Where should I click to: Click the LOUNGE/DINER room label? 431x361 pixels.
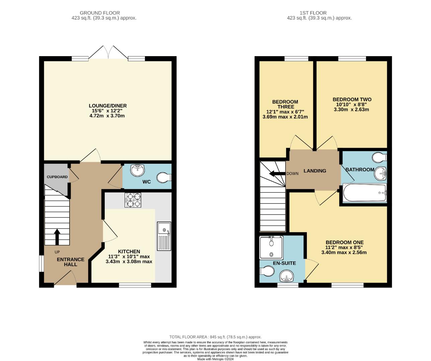[107, 106]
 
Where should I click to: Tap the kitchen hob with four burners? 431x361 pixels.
[133, 200]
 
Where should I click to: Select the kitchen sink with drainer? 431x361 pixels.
[164, 236]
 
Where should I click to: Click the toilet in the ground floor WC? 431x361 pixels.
[164, 177]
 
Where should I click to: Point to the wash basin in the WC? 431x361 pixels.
[138, 170]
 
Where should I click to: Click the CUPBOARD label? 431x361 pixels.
[57, 177]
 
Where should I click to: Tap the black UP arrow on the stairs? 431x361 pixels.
[57, 237]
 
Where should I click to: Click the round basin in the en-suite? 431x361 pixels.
[286, 276]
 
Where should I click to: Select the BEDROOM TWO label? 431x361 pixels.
[352, 99]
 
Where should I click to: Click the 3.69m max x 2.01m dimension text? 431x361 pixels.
[285, 117]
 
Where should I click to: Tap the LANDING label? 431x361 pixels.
[315, 171]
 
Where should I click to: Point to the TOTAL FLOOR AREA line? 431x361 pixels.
[215, 337]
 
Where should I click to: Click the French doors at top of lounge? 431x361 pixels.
[108, 53]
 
